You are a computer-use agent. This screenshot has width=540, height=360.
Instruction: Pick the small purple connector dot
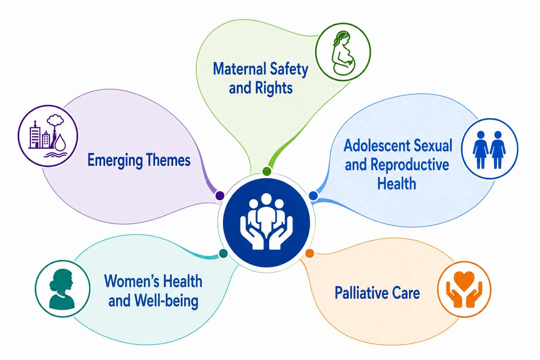(x=220, y=195)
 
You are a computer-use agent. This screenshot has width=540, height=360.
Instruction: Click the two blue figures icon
(x=489, y=150)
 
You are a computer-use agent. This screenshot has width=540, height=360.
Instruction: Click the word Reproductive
(x=410, y=165)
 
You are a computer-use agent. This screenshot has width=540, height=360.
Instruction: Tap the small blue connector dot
(x=313, y=195)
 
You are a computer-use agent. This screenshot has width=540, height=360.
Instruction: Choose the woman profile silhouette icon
(x=62, y=289)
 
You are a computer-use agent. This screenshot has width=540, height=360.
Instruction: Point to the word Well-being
(x=166, y=301)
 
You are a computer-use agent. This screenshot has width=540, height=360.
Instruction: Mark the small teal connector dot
(x=223, y=253)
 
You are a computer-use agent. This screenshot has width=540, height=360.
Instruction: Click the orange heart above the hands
(x=464, y=281)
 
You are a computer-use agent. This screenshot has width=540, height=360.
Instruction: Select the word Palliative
(x=362, y=293)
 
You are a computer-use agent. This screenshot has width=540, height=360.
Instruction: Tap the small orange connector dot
(x=310, y=253)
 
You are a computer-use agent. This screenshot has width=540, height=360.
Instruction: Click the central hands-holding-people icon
(x=266, y=221)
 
